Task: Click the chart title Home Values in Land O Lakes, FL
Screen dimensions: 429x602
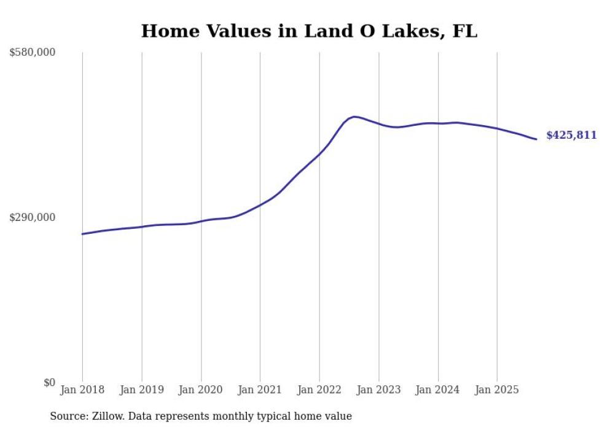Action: (x=309, y=31)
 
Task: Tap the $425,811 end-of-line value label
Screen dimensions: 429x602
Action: (x=571, y=135)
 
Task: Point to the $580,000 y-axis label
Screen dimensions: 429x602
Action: (x=33, y=53)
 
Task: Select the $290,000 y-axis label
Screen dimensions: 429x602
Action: (x=33, y=217)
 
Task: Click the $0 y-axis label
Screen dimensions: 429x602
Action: (x=49, y=382)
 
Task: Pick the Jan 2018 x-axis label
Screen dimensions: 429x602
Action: (x=82, y=390)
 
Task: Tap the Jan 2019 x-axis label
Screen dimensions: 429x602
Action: (x=142, y=390)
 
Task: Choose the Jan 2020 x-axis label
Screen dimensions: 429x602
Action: (x=201, y=390)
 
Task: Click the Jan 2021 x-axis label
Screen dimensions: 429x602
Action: (x=260, y=390)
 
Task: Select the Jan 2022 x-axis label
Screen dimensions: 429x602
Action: (x=319, y=390)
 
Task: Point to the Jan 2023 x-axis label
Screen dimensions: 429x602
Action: (x=379, y=390)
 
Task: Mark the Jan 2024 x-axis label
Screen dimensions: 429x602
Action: (x=438, y=390)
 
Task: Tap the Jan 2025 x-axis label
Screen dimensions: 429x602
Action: (x=497, y=390)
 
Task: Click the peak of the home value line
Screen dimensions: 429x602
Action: (x=354, y=116)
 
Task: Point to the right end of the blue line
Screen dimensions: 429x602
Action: (x=536, y=139)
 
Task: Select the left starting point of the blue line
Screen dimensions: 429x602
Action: (x=82, y=234)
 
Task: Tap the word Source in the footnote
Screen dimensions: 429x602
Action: (x=68, y=416)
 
